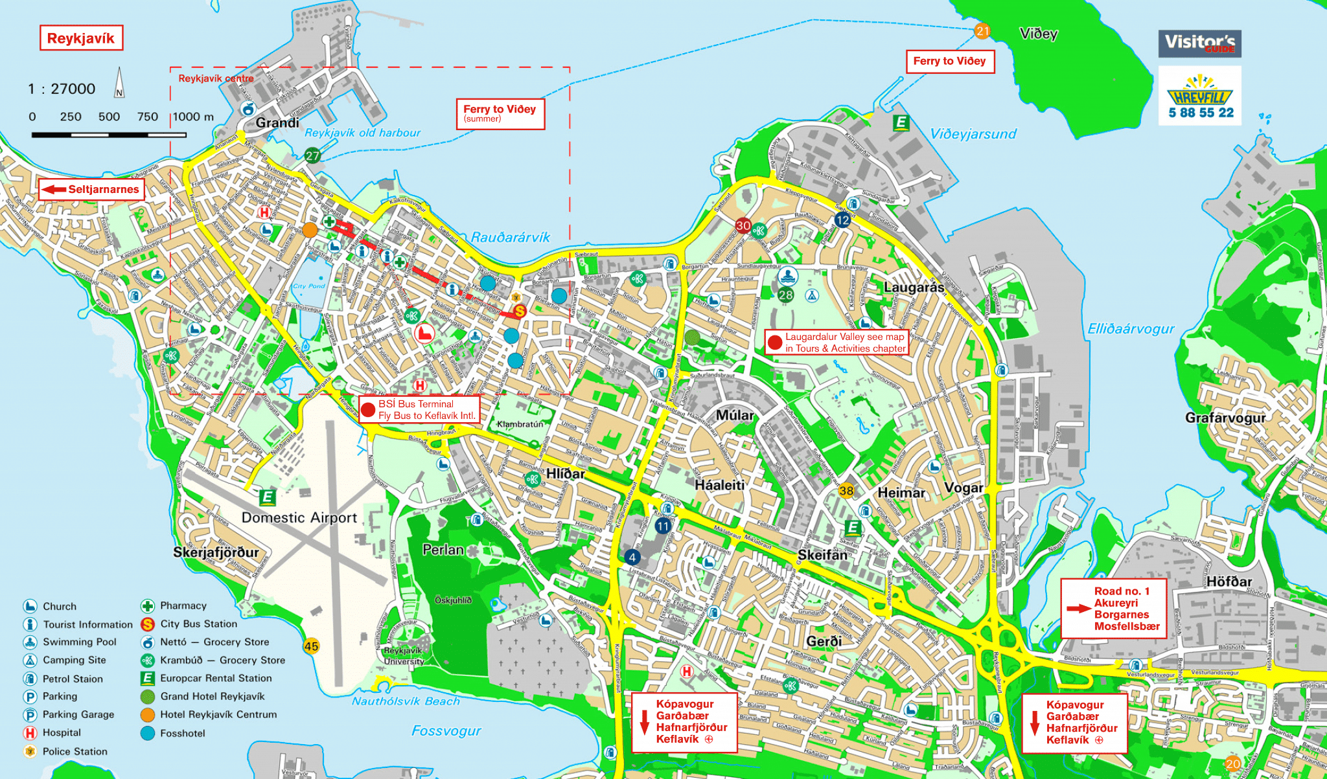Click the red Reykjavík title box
pyautogui.click(x=81, y=38)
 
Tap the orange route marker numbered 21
pyautogui.click(x=982, y=31)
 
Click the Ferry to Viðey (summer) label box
pyautogui.click(x=500, y=113)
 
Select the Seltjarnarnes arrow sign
pyautogui.click(x=91, y=189)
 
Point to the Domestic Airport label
pyautogui.click(x=299, y=517)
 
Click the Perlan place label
pyautogui.click(x=443, y=550)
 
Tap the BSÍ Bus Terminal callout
pyautogui.click(x=419, y=409)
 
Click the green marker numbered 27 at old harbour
pyautogui.click(x=312, y=155)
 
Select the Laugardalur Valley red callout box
pyautogui.click(x=837, y=343)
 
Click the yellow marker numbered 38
pyautogui.click(x=846, y=490)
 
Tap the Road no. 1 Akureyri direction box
pyautogui.click(x=1114, y=609)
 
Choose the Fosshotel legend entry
pyautogui.click(x=173, y=733)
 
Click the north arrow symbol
pyautogui.click(x=119, y=83)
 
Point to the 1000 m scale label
pyautogui.click(x=193, y=117)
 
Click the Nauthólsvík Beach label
pyautogui.click(x=406, y=701)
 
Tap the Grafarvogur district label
pyautogui.click(x=1225, y=418)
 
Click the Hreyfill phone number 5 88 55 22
pyautogui.click(x=1201, y=113)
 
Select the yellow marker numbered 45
pyautogui.click(x=311, y=646)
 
